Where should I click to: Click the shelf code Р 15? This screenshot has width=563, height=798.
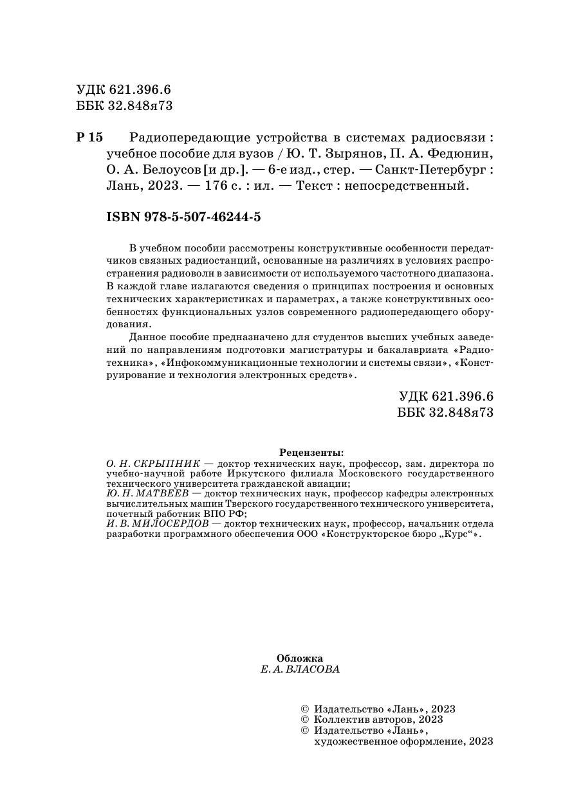click(89, 138)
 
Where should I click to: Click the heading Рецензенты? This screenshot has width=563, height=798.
click(311, 452)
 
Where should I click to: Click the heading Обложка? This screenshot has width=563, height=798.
click(299, 658)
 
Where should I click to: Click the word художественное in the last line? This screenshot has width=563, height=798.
click(354, 741)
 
